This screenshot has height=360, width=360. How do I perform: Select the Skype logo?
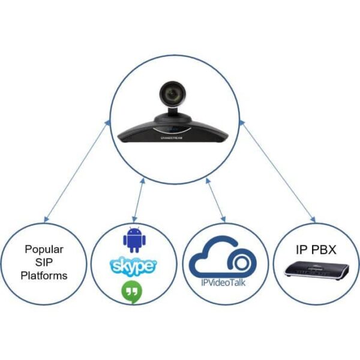133,265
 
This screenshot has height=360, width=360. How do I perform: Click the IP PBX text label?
313,248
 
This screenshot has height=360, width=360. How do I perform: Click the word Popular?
45,249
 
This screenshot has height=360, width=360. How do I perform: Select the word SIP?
45,262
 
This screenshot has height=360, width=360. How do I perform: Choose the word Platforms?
45,276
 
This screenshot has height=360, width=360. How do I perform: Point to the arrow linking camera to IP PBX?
278,170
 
